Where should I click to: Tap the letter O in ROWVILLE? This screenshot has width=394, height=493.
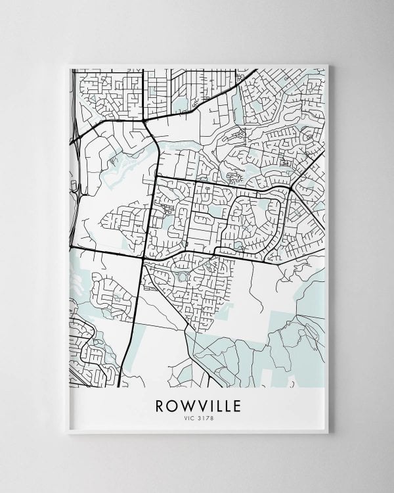[172, 406]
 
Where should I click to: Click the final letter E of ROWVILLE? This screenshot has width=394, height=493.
[236, 406]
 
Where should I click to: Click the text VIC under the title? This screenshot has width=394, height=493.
[188, 418]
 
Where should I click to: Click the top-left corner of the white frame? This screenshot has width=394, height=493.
[69, 64]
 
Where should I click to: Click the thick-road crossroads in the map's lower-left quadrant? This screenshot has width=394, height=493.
[142, 258]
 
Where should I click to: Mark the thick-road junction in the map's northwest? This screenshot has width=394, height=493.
[144, 120]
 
